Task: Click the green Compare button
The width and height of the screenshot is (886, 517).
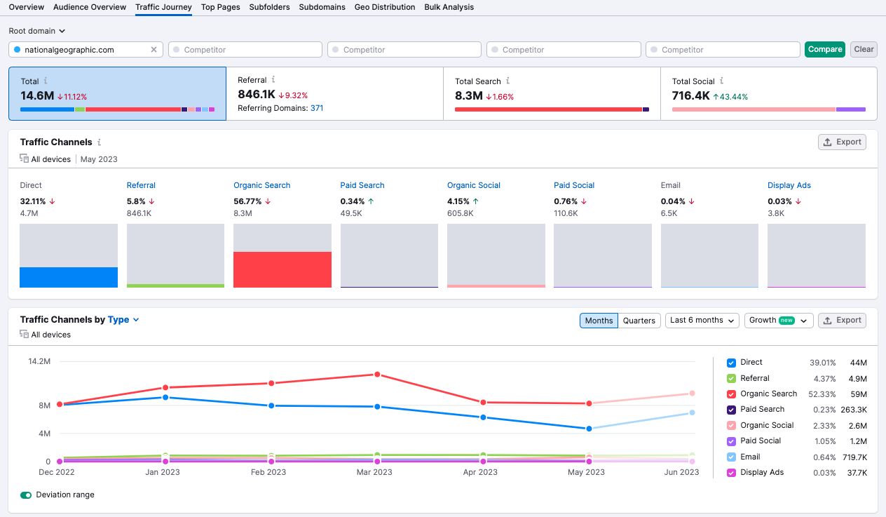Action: (824, 49)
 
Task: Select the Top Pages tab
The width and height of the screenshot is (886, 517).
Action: (220, 7)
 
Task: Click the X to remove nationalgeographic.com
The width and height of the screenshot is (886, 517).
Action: (154, 50)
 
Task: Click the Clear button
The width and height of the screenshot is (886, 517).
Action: (864, 49)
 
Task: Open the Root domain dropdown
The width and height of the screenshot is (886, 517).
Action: (37, 31)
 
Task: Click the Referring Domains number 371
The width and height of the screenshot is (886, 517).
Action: (317, 108)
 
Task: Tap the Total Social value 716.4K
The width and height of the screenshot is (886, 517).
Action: (690, 95)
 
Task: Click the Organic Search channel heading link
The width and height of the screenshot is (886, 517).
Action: (261, 185)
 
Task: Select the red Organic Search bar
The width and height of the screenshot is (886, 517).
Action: (282, 269)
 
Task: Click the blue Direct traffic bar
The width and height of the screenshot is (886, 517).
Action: (69, 277)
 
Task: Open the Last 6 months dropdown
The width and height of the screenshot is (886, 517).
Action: (702, 321)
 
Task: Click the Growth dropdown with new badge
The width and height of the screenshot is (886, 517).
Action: (778, 321)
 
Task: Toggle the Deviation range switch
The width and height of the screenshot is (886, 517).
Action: (26, 495)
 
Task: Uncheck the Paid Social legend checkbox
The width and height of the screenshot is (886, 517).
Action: (731, 441)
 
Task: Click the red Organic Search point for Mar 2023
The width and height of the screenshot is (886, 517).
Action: (377, 375)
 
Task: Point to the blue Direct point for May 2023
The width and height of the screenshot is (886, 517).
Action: (589, 429)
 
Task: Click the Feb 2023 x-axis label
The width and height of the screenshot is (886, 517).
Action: (268, 472)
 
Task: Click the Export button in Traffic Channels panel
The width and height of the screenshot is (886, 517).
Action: (842, 142)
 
